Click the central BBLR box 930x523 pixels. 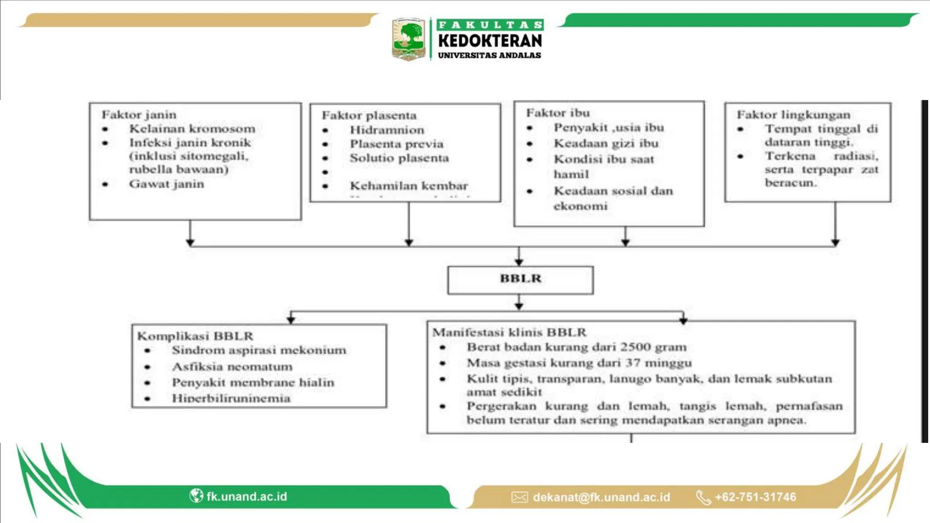pos(520,279)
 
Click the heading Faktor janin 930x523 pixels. pos(139,115)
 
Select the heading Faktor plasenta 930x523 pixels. pos(369,116)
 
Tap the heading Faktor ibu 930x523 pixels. pos(558,113)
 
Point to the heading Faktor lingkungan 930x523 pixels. pos(793,115)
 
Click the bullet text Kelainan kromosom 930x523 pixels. pos(192,129)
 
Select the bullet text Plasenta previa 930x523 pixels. pos(396,144)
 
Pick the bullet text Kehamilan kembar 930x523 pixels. pos(409,186)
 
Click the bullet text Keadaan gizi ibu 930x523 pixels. pos(606,143)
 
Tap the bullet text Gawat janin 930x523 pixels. pos(167,184)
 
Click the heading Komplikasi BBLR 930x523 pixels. pos(195,336)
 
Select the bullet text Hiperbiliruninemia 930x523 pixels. pos(231,398)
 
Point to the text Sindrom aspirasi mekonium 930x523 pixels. pos(259,350)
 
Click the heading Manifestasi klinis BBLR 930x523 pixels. pos(509,332)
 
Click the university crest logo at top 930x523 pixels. pos(408,39)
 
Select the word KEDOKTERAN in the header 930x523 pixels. pos(490,41)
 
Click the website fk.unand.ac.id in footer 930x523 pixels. pos(247,496)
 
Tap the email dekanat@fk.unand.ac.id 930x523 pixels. pos(601,497)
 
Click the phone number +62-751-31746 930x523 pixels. pos(755,497)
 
